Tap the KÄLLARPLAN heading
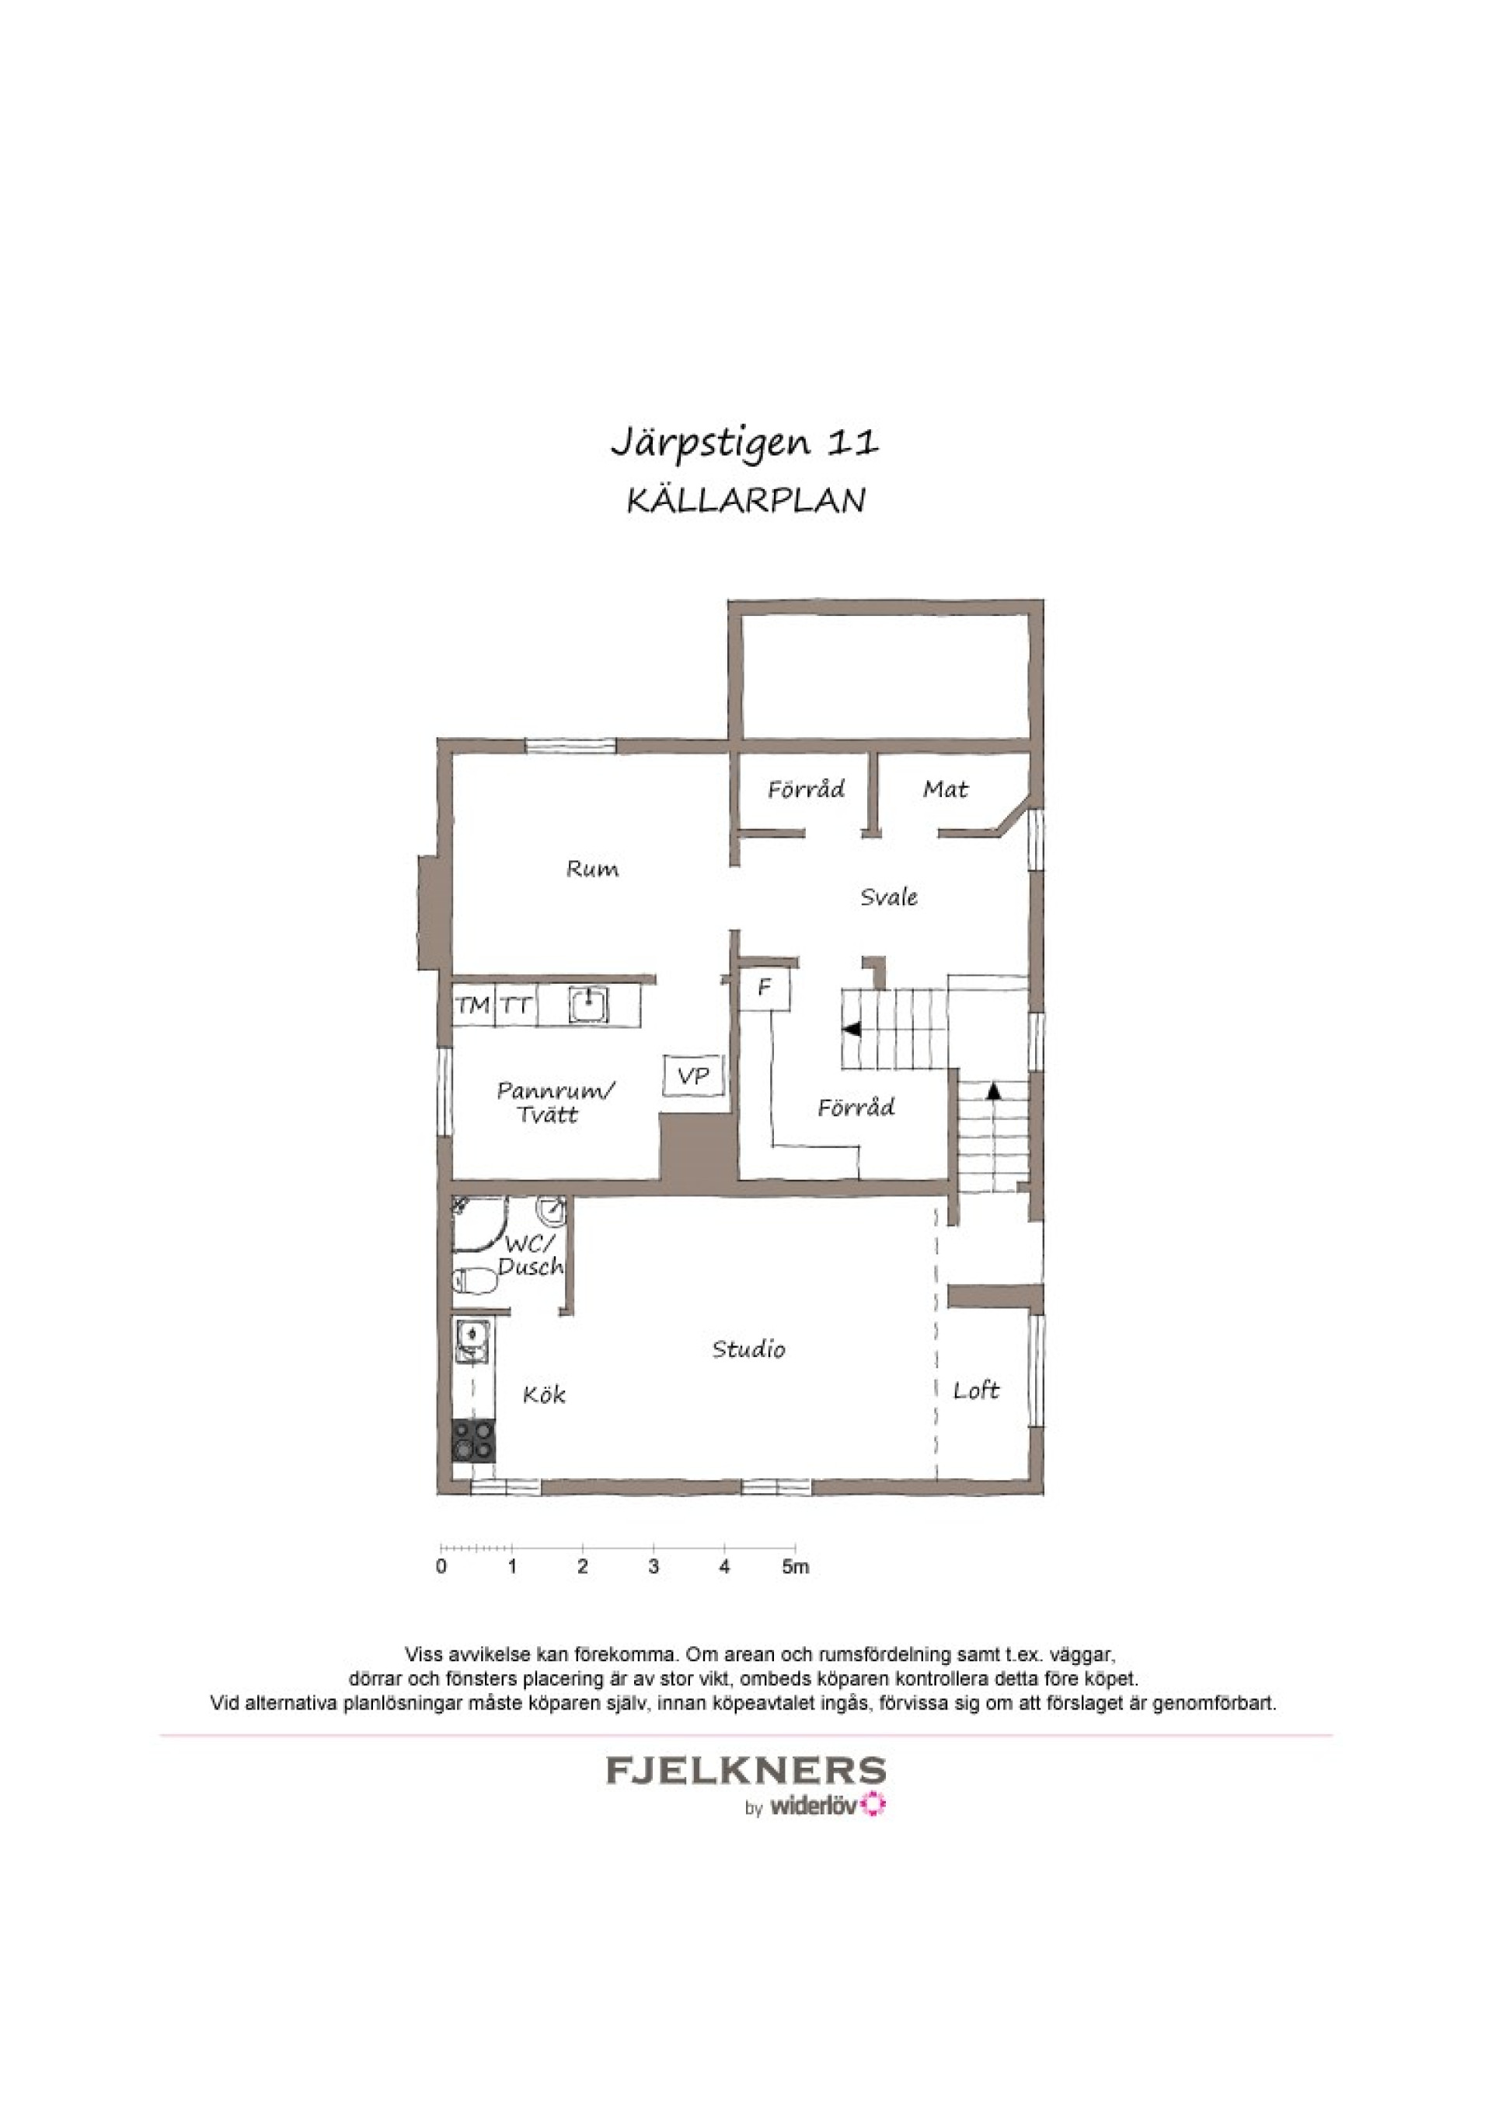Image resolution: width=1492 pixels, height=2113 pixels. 746,501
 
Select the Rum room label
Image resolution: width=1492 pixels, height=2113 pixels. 592,869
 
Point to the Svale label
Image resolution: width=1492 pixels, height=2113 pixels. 888,897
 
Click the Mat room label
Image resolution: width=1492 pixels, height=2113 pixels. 946,789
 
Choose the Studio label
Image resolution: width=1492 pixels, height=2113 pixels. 749,1349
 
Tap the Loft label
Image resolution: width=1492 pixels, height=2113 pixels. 976,1391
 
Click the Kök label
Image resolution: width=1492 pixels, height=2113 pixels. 544,1394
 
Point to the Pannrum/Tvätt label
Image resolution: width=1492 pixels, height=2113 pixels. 556,1101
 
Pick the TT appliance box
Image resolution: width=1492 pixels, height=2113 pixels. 517,1005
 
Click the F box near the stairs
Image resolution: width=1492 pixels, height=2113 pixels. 765,988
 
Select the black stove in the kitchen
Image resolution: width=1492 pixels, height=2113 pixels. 472,1440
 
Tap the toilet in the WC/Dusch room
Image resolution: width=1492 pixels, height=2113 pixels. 475,1280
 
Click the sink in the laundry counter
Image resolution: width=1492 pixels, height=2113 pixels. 587,1004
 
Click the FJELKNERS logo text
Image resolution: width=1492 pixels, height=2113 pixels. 746,1770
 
